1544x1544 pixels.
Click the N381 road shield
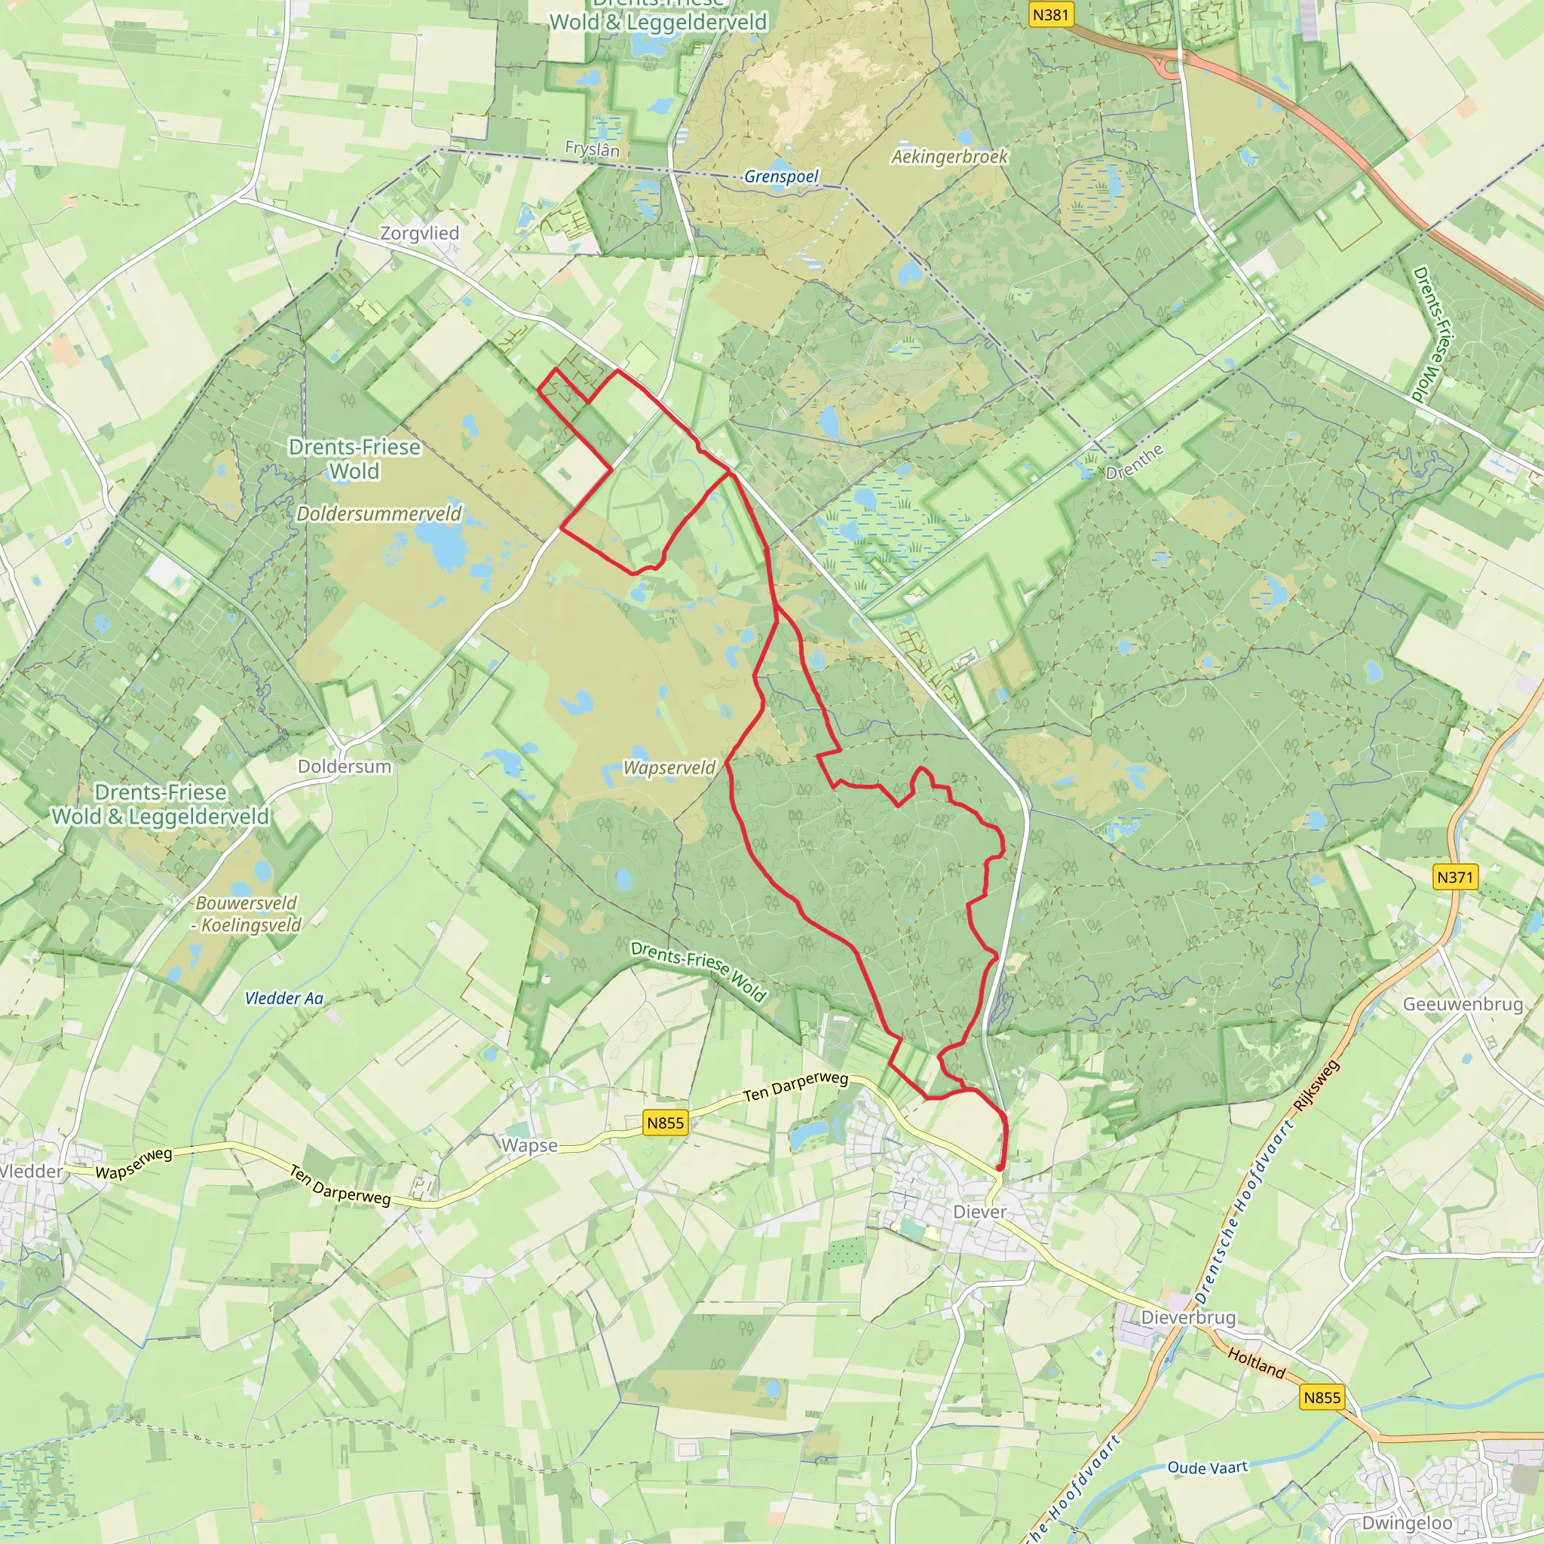tap(1050, 14)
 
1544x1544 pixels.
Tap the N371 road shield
tap(1454, 877)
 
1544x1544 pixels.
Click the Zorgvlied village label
tap(420, 234)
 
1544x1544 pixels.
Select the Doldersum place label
tap(345, 767)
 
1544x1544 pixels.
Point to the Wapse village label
tap(529, 1145)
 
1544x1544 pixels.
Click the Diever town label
tap(980, 1212)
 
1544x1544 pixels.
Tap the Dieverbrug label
tap(1187, 1317)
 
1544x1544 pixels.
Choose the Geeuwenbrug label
tap(1463, 1003)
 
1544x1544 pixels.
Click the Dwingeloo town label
tap(1407, 1522)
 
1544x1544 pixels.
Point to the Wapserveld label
tap(669, 767)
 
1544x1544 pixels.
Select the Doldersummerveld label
tap(378, 513)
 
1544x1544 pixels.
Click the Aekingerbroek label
tap(949, 157)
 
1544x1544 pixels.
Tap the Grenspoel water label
tap(781, 176)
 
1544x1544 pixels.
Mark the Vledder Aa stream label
tap(283, 998)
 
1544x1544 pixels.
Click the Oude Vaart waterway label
tap(1207, 1467)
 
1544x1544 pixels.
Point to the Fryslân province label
tap(592, 149)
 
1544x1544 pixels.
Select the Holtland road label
tap(1256, 1362)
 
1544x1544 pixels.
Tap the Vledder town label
tap(30, 1172)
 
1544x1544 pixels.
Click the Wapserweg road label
tap(133, 1163)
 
